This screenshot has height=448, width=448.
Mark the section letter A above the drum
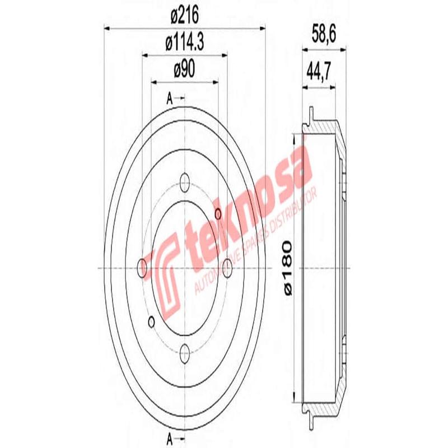pos(170,99)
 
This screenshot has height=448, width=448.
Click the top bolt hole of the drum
pos(185,181)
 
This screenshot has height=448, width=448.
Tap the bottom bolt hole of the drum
pos(185,351)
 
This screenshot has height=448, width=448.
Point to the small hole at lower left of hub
pos(151,321)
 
